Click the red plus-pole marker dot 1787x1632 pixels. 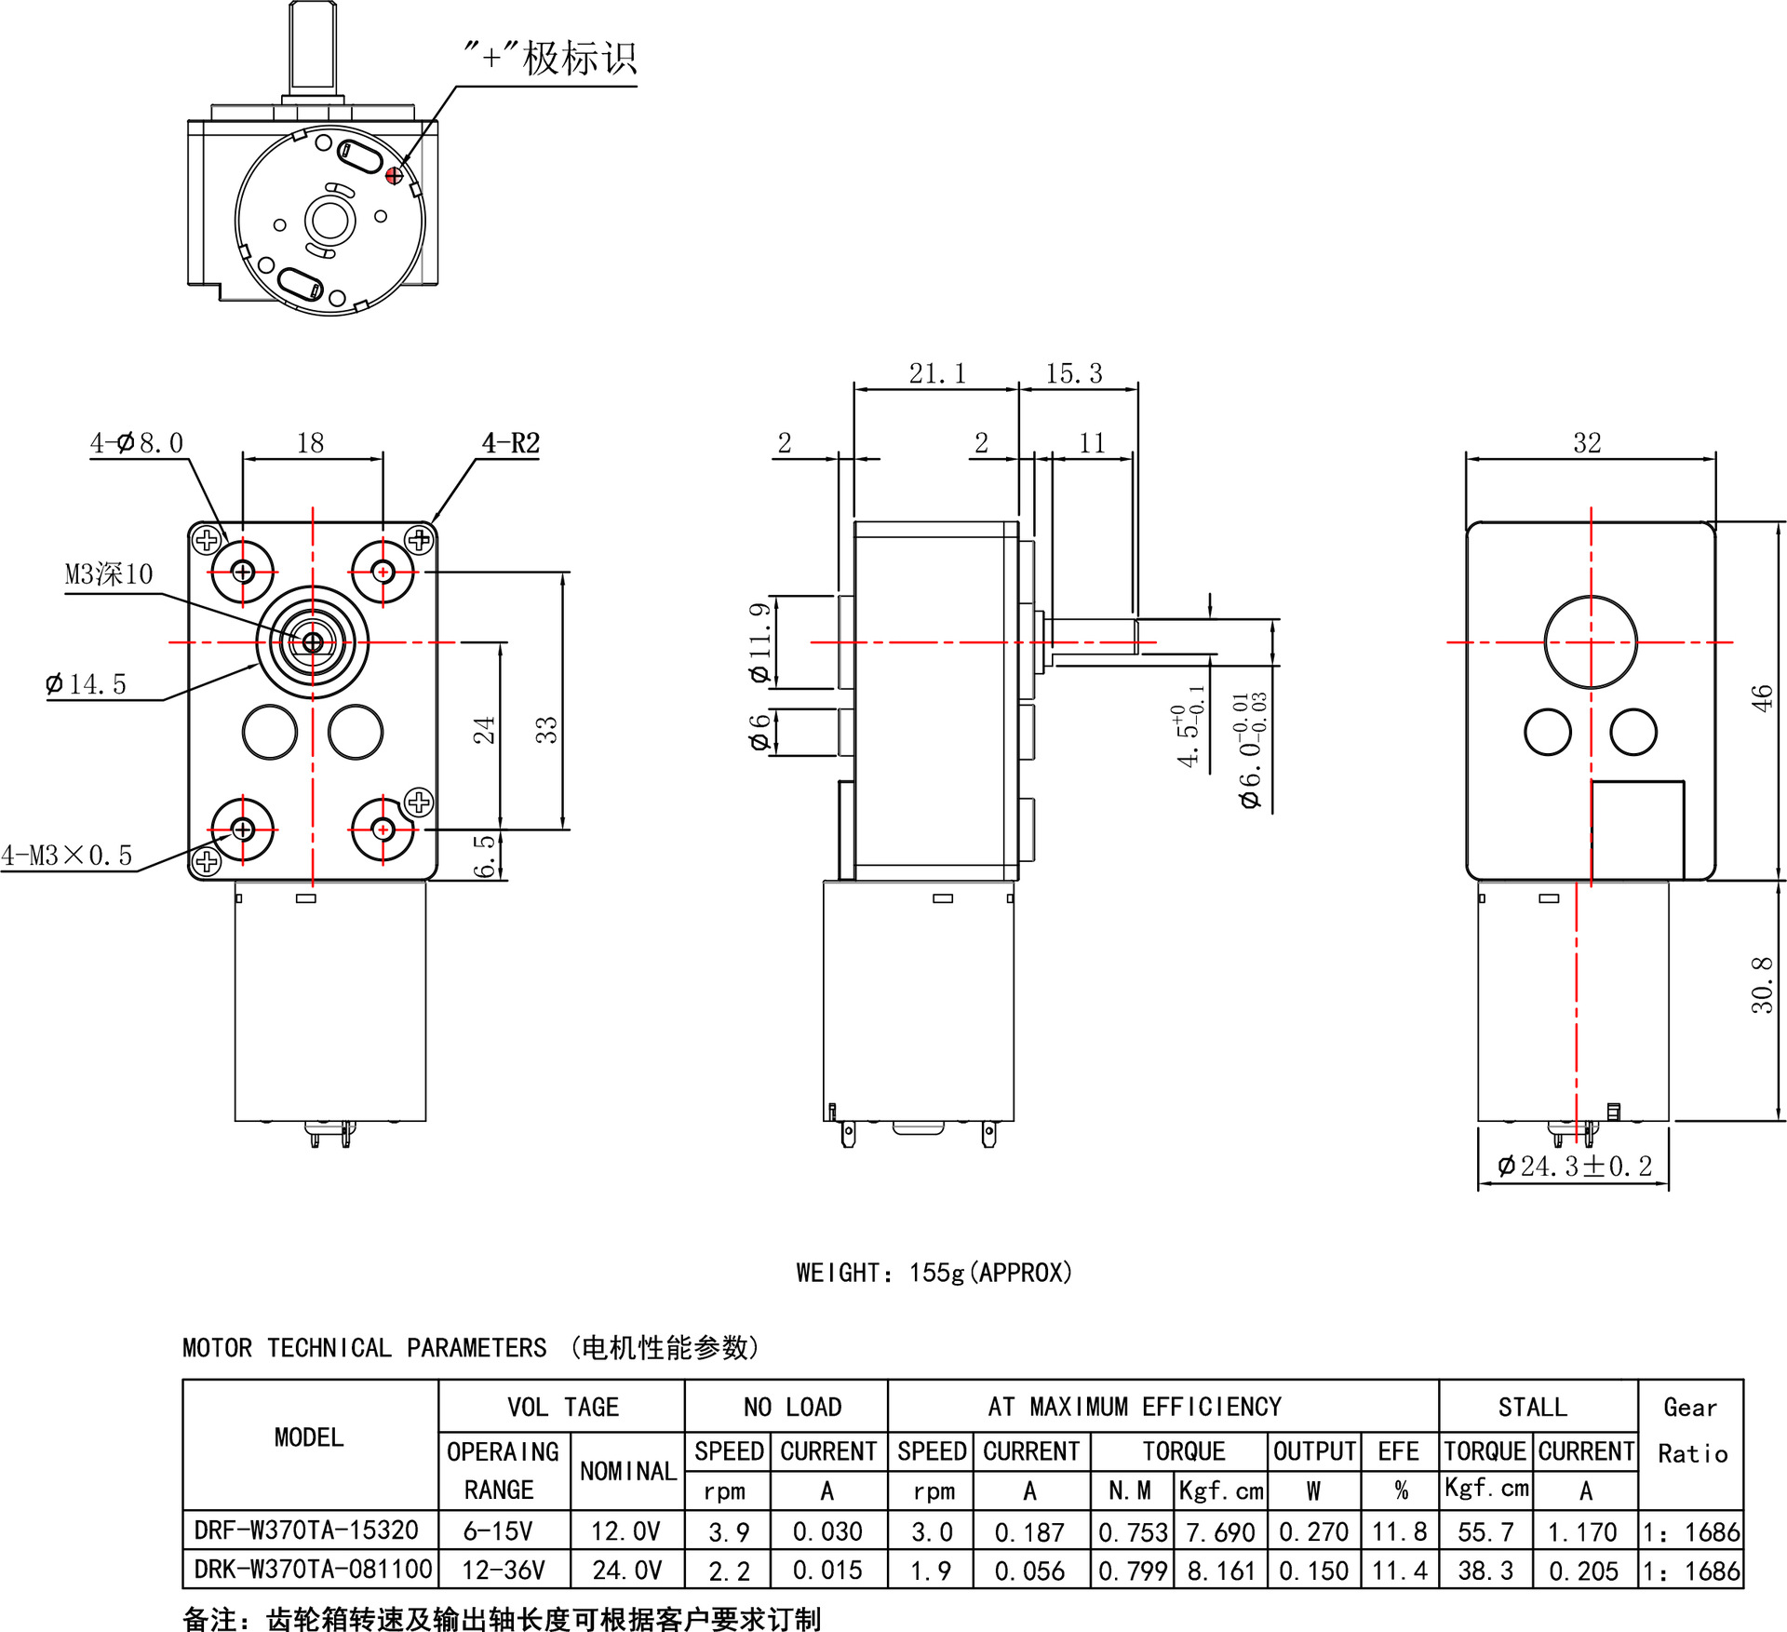coord(394,175)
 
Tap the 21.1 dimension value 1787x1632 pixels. coord(937,373)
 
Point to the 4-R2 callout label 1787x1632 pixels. coord(511,443)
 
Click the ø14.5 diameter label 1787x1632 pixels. coord(86,684)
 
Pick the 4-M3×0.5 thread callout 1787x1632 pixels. coord(67,855)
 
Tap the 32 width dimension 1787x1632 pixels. coord(1587,443)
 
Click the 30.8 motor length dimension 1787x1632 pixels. coord(1761,985)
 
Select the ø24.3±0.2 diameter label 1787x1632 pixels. coord(1575,1166)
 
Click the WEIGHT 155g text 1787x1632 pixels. coord(934,1273)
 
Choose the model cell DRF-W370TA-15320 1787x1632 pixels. coord(306,1530)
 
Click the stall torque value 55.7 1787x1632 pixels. coord(1485,1531)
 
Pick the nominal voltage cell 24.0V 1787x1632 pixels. coord(626,1571)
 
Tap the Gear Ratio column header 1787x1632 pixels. coord(1691,1430)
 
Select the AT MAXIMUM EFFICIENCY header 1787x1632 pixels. coord(1135,1407)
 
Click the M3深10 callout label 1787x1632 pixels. coord(109,574)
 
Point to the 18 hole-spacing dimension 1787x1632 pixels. coord(310,443)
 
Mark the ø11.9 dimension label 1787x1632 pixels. coord(760,642)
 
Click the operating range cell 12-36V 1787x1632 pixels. coord(503,1571)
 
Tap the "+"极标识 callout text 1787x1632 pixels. coord(550,59)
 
